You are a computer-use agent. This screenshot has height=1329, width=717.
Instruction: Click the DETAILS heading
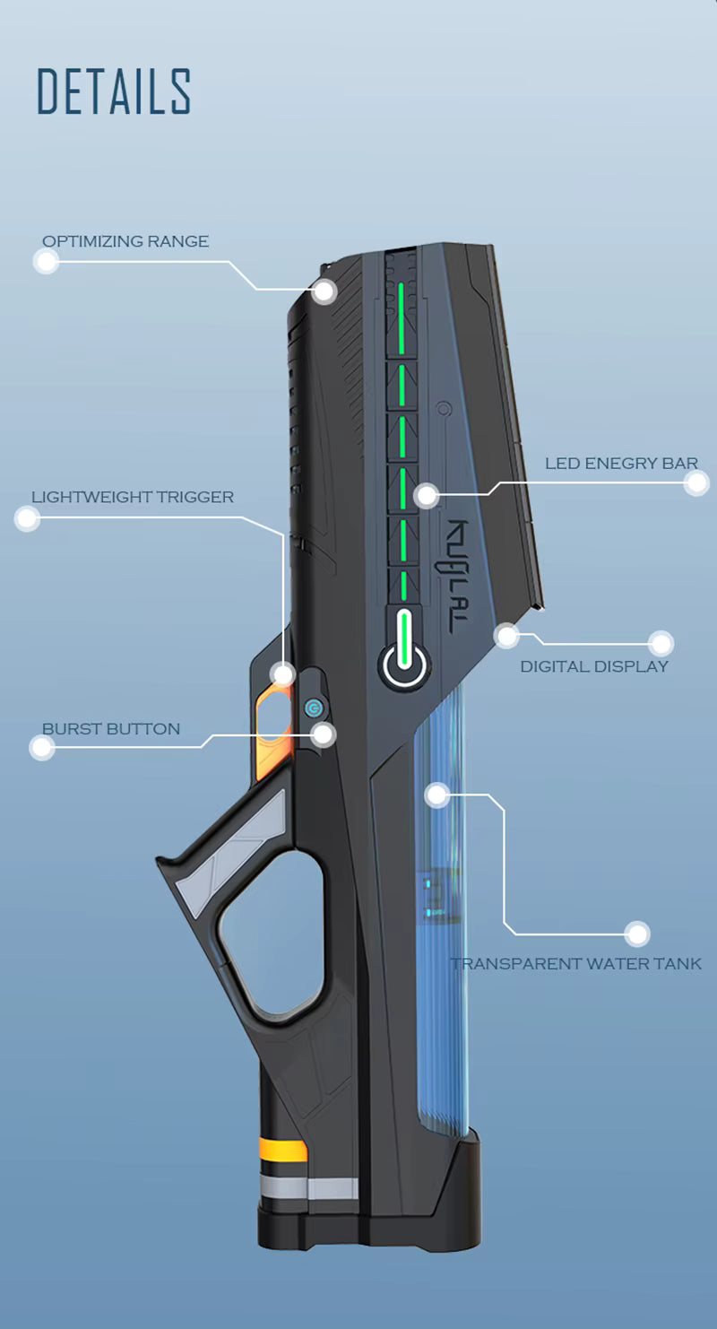point(114,91)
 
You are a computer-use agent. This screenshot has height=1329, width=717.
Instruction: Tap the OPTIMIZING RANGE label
point(125,241)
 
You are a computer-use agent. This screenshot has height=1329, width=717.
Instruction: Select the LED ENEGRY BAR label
point(621,464)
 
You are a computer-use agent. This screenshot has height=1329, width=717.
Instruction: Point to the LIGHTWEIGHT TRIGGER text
point(133,497)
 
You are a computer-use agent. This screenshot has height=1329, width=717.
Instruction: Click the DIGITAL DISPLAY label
point(594,666)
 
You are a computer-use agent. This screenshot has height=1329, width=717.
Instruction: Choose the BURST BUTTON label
point(111,729)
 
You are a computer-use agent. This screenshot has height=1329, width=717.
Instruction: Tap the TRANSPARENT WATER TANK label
point(576,964)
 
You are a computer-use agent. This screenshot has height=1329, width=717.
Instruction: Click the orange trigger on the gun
point(272,731)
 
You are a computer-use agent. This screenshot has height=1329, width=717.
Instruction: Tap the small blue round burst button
point(313,708)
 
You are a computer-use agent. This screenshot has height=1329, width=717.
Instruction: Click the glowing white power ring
point(406,664)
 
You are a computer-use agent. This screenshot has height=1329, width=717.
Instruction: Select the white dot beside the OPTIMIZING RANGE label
point(46,261)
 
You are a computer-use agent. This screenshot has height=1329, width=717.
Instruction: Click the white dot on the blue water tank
point(436,794)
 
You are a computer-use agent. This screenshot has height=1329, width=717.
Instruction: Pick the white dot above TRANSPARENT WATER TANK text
point(637,934)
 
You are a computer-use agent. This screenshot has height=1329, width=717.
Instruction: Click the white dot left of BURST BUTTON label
point(42,748)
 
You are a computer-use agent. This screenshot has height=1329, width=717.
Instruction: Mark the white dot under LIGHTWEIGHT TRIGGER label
point(28,517)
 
